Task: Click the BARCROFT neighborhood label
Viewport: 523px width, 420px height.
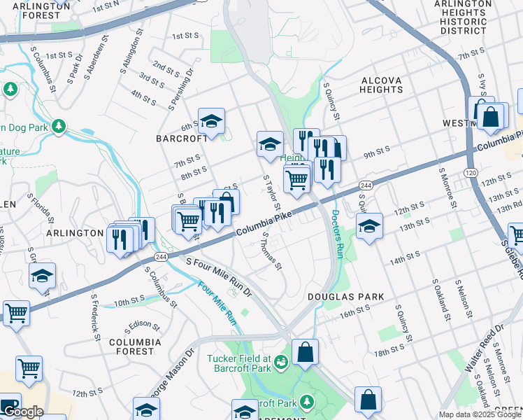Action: point(182,139)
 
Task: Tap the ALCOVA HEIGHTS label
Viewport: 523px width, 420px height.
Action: point(381,85)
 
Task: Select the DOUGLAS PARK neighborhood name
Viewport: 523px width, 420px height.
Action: point(346,297)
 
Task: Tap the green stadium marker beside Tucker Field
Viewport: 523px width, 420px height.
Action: point(281,362)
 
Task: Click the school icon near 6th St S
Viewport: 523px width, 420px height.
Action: point(211,122)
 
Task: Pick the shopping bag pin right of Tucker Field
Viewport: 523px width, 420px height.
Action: point(305,353)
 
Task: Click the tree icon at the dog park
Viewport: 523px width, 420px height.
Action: point(60,126)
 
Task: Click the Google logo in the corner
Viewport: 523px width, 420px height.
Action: point(22,412)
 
